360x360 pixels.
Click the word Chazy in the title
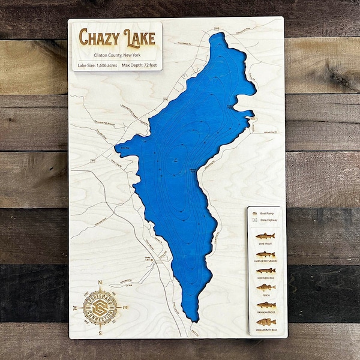click(x=97, y=37)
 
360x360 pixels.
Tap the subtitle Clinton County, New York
click(x=117, y=52)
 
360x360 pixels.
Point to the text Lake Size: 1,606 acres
click(x=95, y=64)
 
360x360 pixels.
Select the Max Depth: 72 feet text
click(x=140, y=64)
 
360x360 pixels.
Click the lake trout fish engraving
click(x=266, y=236)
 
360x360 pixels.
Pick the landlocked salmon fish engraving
click(x=266, y=254)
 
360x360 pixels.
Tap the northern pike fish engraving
click(x=266, y=271)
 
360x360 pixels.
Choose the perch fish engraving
click(x=266, y=288)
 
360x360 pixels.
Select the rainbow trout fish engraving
click(x=266, y=305)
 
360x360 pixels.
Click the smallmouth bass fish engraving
click(x=266, y=322)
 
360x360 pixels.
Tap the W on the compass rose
click(x=75, y=308)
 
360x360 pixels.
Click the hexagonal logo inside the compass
click(x=101, y=308)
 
